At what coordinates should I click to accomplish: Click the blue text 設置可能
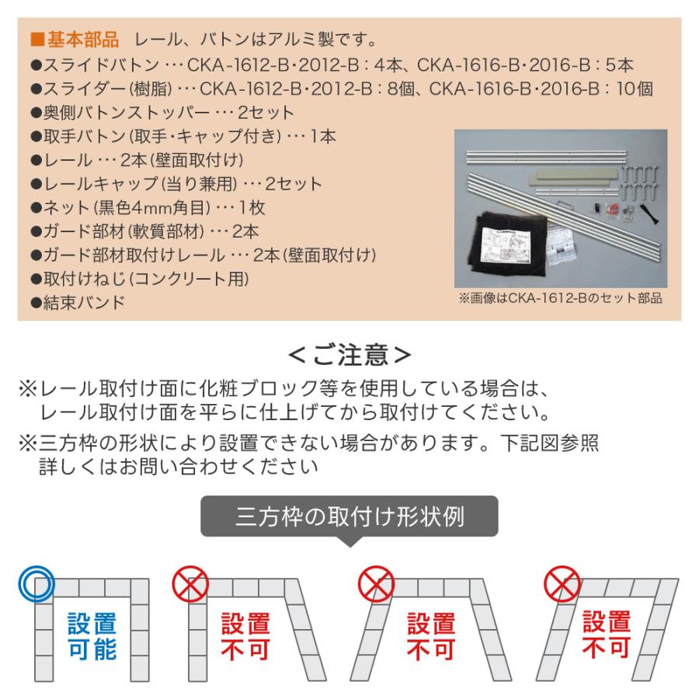click(92, 635)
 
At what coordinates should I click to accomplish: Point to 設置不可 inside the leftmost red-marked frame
click(246, 636)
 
